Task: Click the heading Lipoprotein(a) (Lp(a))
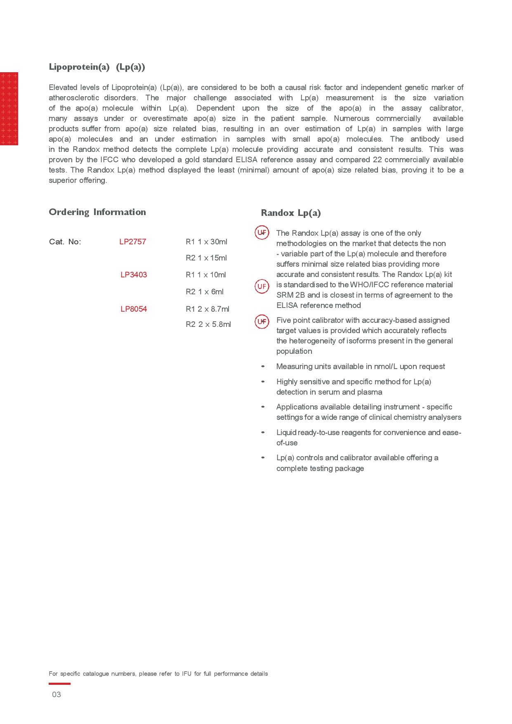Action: (97, 67)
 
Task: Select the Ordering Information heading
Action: (97, 212)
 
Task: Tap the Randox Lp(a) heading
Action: (290, 213)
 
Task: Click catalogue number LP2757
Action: (132, 242)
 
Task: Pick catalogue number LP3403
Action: (134, 275)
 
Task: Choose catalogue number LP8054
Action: (134, 309)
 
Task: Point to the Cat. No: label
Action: (65, 242)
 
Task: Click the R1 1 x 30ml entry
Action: (206, 242)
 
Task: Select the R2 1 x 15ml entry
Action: (206, 258)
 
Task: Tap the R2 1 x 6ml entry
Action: (205, 292)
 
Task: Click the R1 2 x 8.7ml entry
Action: (208, 309)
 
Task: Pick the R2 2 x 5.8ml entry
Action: (208, 324)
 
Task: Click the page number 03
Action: (57, 695)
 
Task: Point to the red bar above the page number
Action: (59, 684)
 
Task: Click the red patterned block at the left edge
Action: (9, 109)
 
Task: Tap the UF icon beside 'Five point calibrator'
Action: (262, 322)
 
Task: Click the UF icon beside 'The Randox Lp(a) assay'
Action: (262, 233)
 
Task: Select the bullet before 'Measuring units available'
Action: (263, 367)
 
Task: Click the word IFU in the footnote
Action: (186, 674)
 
